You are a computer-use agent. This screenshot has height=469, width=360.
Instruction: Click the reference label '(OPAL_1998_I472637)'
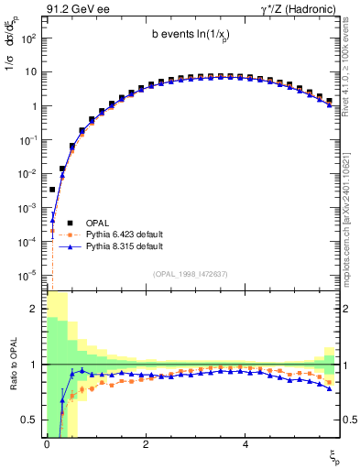(x=191, y=274)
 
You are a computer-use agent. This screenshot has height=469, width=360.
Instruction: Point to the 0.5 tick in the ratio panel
(x=30, y=420)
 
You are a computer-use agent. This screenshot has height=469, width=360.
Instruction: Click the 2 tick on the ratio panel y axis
(x=34, y=309)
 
